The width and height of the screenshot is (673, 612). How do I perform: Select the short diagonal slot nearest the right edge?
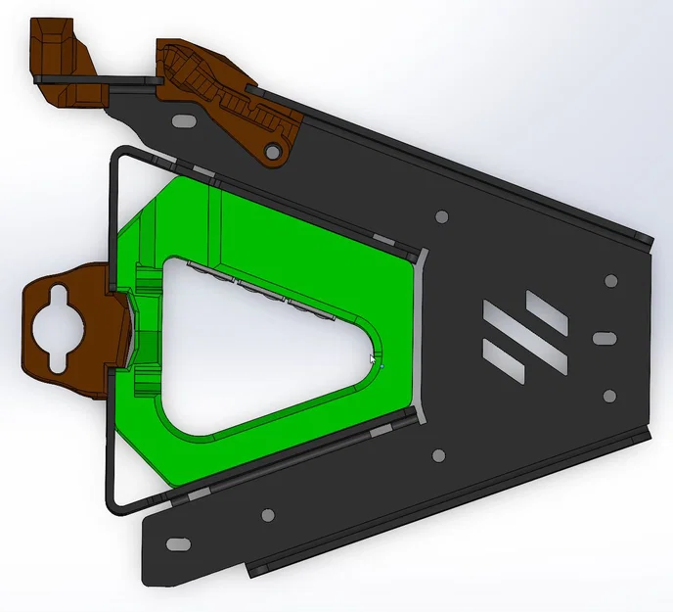546,309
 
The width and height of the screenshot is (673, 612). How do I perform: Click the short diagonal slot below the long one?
505,368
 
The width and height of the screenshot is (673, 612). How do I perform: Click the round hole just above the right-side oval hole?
611,280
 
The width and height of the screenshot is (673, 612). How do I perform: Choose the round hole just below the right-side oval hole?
609,396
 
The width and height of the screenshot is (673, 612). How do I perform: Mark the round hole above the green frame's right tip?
441,215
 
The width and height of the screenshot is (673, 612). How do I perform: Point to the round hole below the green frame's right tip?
437,453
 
